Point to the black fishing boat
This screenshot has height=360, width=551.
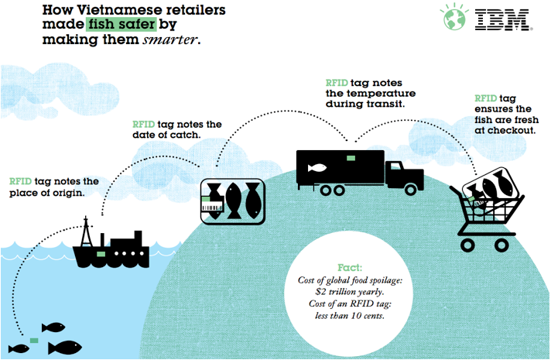click(x=113, y=249)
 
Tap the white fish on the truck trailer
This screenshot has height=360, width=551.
click(x=317, y=168)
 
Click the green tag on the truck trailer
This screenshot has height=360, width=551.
click(x=351, y=158)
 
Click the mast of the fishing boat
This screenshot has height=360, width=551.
click(x=86, y=231)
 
